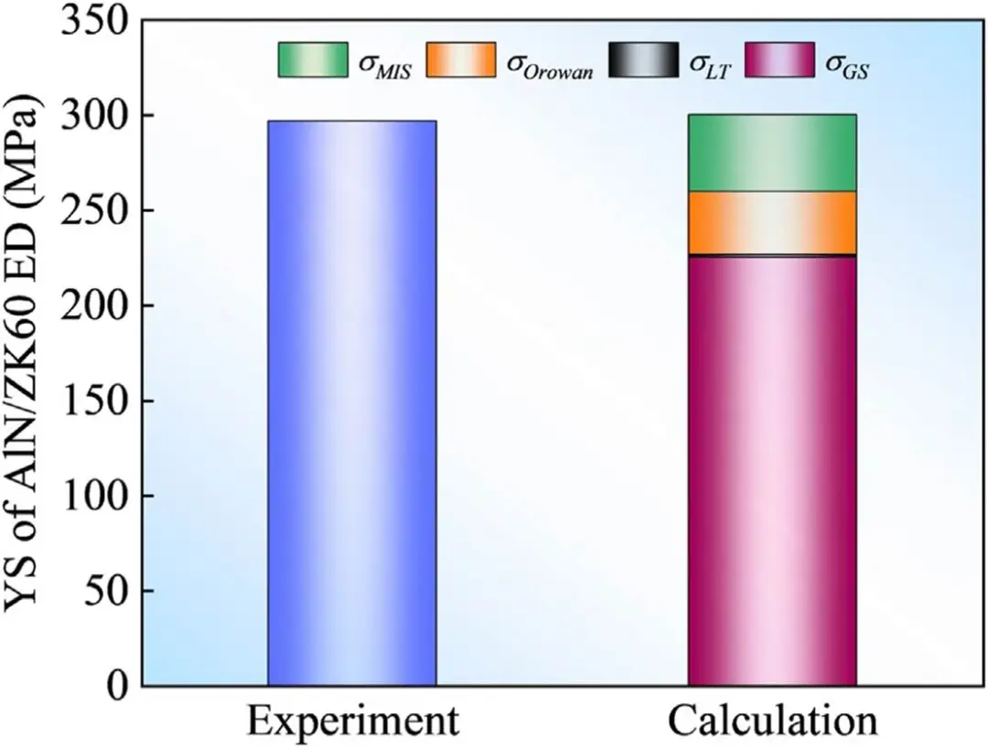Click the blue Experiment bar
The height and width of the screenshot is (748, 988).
[x=351, y=402]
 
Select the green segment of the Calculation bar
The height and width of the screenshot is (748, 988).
[x=771, y=153]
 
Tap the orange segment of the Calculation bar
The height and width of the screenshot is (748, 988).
[x=771, y=222]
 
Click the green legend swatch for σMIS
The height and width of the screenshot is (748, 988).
[x=312, y=59]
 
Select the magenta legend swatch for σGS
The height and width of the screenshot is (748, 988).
[x=783, y=59]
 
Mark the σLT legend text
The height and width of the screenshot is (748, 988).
[x=710, y=64]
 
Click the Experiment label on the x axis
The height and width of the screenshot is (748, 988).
[x=351, y=721]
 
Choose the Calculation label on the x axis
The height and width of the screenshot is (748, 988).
[x=771, y=721]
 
